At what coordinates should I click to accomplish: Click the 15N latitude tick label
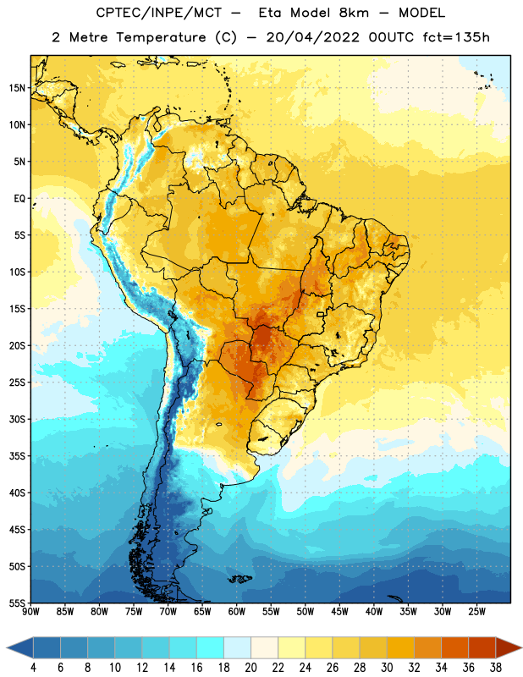(17, 88)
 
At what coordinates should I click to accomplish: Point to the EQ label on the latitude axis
(19, 199)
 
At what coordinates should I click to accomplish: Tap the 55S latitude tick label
(17, 603)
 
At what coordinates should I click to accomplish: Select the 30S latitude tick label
(17, 419)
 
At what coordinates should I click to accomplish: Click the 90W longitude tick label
(31, 611)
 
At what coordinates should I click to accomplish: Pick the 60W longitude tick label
(237, 611)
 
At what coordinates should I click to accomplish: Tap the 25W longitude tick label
(476, 611)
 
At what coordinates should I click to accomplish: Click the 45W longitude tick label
(339, 611)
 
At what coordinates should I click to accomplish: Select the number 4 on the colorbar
(33, 668)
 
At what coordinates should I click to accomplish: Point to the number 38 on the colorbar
(496, 668)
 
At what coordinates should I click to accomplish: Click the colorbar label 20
(250, 668)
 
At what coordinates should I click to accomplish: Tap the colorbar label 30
(387, 668)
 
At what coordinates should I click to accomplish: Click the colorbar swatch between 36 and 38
(482, 647)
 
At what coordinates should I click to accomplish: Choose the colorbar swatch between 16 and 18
(211, 647)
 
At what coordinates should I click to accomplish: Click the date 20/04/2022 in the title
(312, 37)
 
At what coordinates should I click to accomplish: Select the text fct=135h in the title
(456, 37)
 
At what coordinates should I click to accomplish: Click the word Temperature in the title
(162, 37)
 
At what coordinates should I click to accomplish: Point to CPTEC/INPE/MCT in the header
(158, 13)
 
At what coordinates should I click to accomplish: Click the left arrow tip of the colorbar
(7, 647)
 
